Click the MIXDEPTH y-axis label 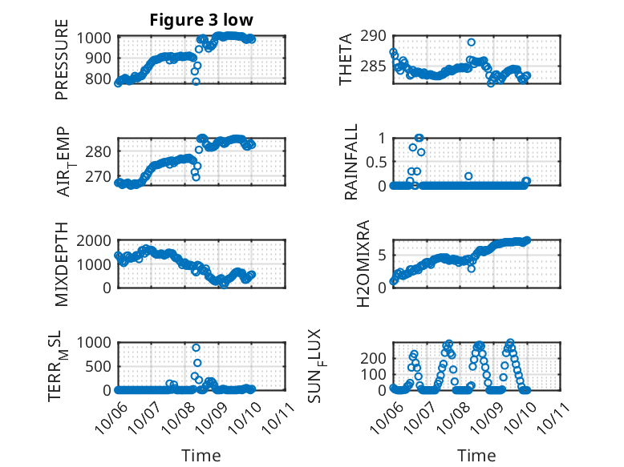pyautogui.click(x=63, y=264)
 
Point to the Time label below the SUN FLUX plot pyautogui.click(x=476, y=455)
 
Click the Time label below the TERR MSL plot pyautogui.click(x=201, y=455)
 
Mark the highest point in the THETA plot pyautogui.click(x=471, y=42)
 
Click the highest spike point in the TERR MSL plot pyautogui.click(x=196, y=348)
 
